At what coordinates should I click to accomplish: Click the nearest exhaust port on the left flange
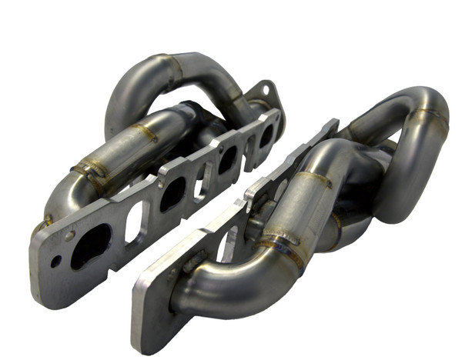pyautogui.click(x=90, y=245)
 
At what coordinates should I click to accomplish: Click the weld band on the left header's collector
pyautogui.click(x=90, y=169)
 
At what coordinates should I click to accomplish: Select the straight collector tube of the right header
pyautogui.click(x=304, y=208)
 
